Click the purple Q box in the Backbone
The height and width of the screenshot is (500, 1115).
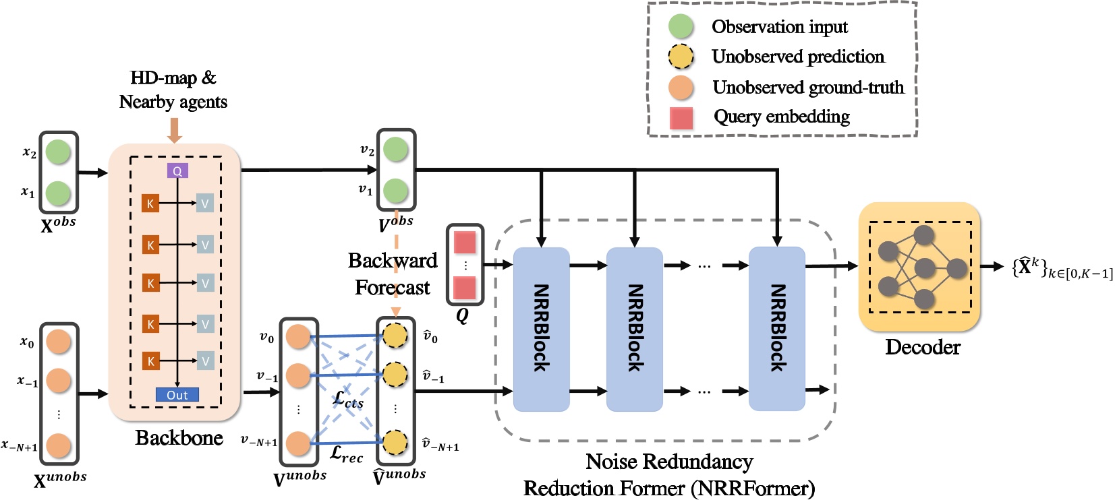[177, 171]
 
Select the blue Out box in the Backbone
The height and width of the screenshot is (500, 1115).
[177, 395]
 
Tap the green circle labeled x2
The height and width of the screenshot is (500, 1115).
[59, 152]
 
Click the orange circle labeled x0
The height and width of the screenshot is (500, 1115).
[59, 342]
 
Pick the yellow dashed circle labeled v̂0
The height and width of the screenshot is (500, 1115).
[395, 336]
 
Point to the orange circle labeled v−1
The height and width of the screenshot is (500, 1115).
[297, 375]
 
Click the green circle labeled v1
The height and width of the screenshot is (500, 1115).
[395, 191]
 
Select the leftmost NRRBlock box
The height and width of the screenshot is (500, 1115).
[541, 329]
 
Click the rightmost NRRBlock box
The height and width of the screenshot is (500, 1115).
[777, 329]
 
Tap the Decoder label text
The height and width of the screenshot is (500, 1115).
[922, 347]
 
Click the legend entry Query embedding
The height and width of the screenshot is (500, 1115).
[781, 117]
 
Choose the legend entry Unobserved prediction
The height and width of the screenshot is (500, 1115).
[797, 57]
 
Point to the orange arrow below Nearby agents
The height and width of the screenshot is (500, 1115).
[174, 130]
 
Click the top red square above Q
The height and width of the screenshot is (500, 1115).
[465, 242]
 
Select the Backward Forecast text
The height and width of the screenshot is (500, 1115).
[393, 274]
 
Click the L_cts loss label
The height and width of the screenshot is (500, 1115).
[348, 400]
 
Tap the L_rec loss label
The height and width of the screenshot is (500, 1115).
[346, 455]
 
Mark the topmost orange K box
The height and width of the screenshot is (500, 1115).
[150, 204]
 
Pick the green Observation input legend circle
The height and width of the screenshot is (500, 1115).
[681, 26]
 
